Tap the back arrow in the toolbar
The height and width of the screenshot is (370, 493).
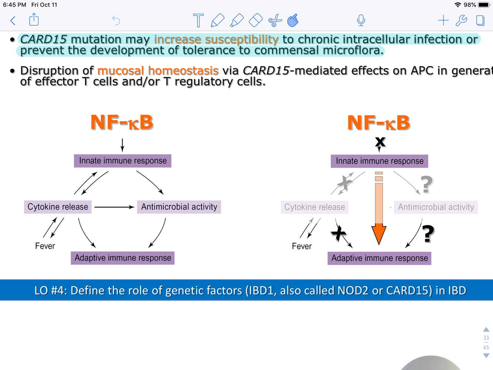click(x=13, y=20)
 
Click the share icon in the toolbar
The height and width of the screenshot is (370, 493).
click(x=34, y=20)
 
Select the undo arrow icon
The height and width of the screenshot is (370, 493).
click(x=116, y=20)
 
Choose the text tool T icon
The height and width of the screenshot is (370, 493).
click(x=198, y=20)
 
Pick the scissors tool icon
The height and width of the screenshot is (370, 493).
click(x=275, y=21)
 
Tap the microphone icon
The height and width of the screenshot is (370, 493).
click(x=361, y=20)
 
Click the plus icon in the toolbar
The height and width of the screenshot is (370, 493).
click(x=443, y=20)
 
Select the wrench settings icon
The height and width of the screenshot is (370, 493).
click(x=461, y=20)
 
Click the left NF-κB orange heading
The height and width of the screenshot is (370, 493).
click(x=122, y=122)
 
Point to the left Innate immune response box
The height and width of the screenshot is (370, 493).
click(x=123, y=161)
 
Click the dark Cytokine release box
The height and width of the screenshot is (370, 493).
click(x=58, y=207)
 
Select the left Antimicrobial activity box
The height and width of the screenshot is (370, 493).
click(x=179, y=207)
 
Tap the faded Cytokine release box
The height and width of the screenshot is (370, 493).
click(x=314, y=207)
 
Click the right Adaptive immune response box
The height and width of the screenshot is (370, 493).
click(x=380, y=258)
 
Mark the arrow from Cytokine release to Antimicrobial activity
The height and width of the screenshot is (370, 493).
click(x=114, y=207)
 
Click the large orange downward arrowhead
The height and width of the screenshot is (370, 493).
click(x=379, y=234)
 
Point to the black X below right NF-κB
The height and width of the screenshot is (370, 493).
click(x=380, y=142)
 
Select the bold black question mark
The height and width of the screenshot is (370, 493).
click(x=428, y=234)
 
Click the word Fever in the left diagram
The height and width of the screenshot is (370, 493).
click(x=45, y=246)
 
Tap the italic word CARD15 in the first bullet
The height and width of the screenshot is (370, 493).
click(x=44, y=39)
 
